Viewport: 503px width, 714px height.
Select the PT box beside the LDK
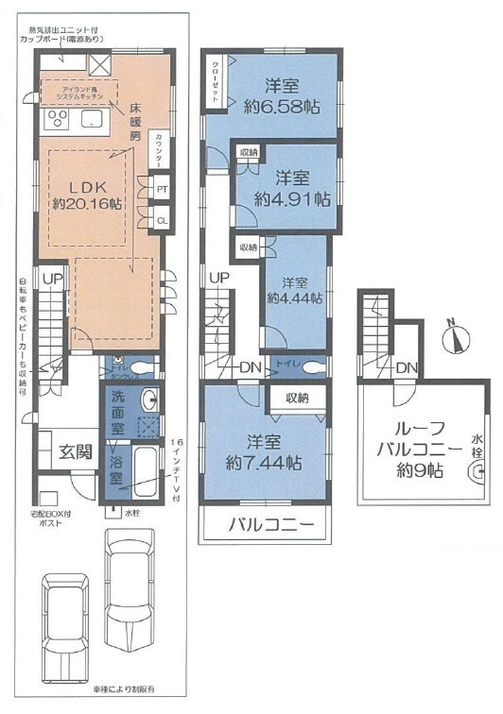pyautogui.click(x=163, y=187)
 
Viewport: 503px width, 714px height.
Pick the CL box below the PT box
pyautogui.click(x=163, y=221)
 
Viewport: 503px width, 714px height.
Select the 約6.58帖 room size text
pyautogui.click(x=280, y=107)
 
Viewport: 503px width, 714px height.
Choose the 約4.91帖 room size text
pyautogui.click(x=292, y=199)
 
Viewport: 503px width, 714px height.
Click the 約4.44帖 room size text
pyautogui.click(x=294, y=297)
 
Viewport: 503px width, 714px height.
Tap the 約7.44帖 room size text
pyautogui.click(x=265, y=463)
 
